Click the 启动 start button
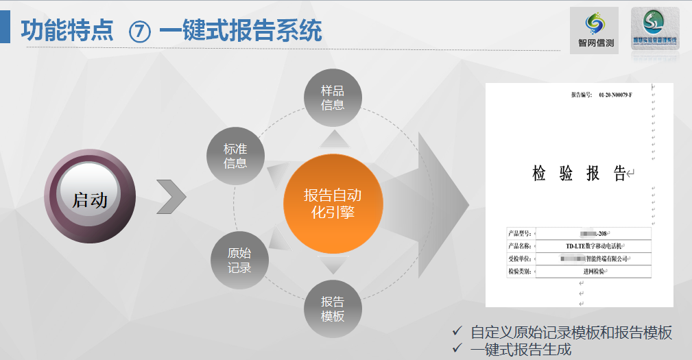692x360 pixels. pyautogui.click(x=90, y=200)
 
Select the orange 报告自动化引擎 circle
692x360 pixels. pyautogui.click(x=333, y=204)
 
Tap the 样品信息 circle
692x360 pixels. pyautogui.click(x=333, y=97)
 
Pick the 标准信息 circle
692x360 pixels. pyautogui.click(x=235, y=156)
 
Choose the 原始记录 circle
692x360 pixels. pyautogui.click(x=239, y=261)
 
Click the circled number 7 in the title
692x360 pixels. pyautogui.click(x=140, y=32)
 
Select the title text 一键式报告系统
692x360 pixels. pyautogui.click(x=240, y=31)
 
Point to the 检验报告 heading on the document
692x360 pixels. pyautogui.click(x=579, y=173)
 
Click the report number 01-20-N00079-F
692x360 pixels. pyautogui.click(x=615, y=94)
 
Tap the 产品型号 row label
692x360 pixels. pyautogui.click(x=522, y=234)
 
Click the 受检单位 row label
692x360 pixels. pyautogui.click(x=522, y=259)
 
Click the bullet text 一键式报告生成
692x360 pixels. pyautogui.click(x=521, y=349)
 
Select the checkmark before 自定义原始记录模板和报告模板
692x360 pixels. pyautogui.click(x=457, y=332)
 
